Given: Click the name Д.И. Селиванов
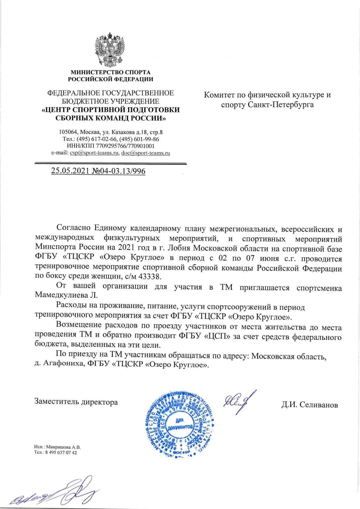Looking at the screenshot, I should coord(309,405).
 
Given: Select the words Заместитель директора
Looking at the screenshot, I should coord(76,402).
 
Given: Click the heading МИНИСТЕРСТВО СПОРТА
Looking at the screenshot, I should coord(110,72).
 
